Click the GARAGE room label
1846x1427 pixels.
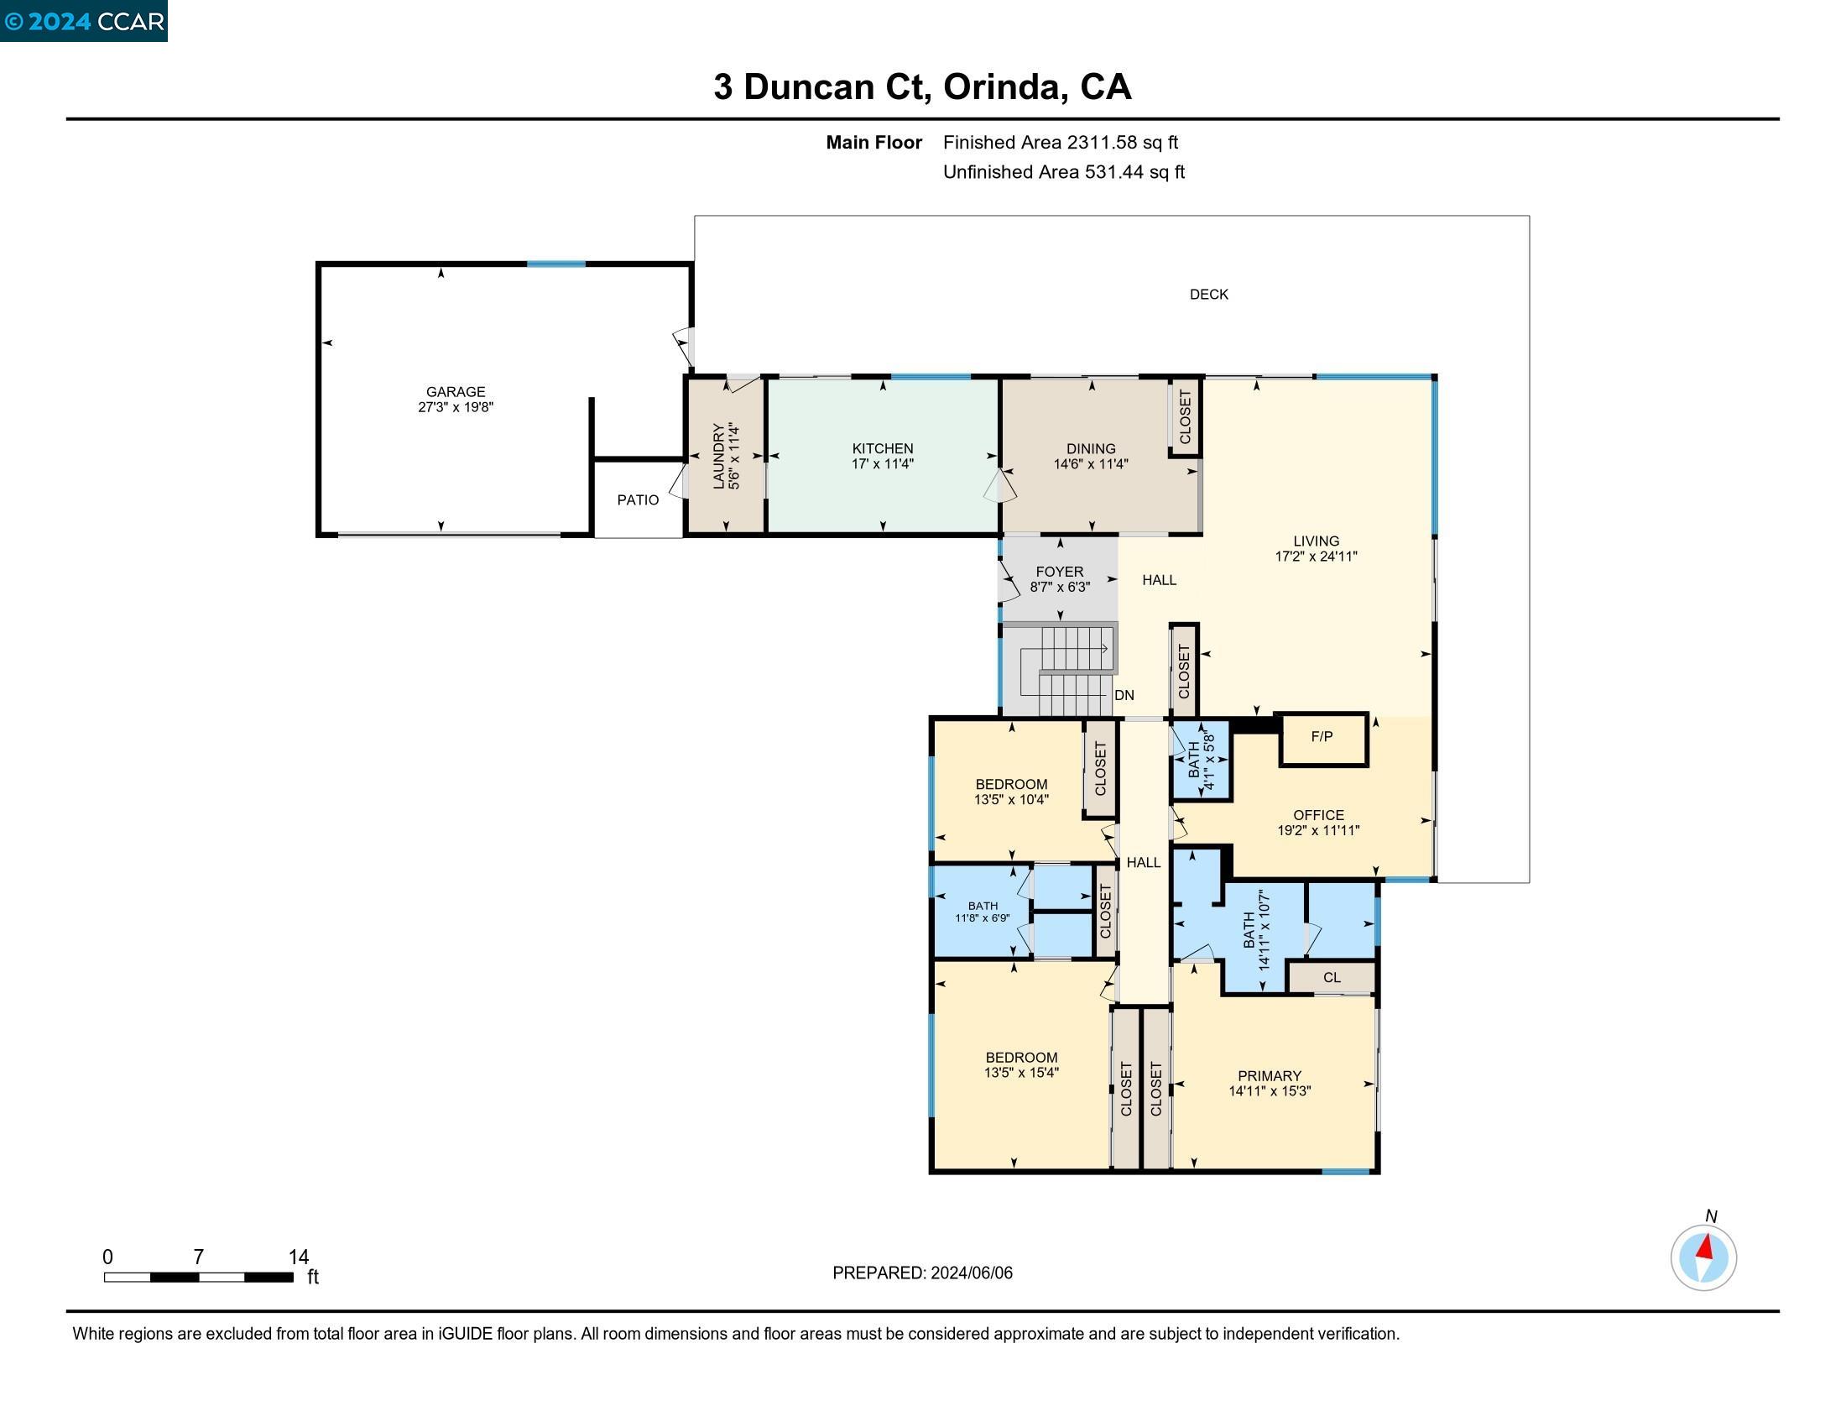point(455,391)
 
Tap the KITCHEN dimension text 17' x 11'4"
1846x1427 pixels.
point(883,464)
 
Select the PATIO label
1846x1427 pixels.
point(638,499)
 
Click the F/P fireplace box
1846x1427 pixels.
point(1322,737)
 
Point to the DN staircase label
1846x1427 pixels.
point(1124,695)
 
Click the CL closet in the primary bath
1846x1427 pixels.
point(1332,977)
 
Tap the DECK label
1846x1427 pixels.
point(1208,294)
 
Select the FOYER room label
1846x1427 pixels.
point(1059,572)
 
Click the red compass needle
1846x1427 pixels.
point(1706,1247)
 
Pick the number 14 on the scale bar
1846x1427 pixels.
point(299,1257)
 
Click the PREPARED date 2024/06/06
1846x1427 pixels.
point(970,1273)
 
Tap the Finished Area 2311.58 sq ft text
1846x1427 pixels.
point(1060,142)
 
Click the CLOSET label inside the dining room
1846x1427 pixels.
point(1185,417)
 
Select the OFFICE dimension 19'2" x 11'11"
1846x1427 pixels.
point(1317,830)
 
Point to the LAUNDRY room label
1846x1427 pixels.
point(719,457)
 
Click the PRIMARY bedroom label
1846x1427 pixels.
point(1269,1075)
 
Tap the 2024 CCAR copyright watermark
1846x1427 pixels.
point(84,21)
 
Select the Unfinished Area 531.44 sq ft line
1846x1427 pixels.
point(1063,172)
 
